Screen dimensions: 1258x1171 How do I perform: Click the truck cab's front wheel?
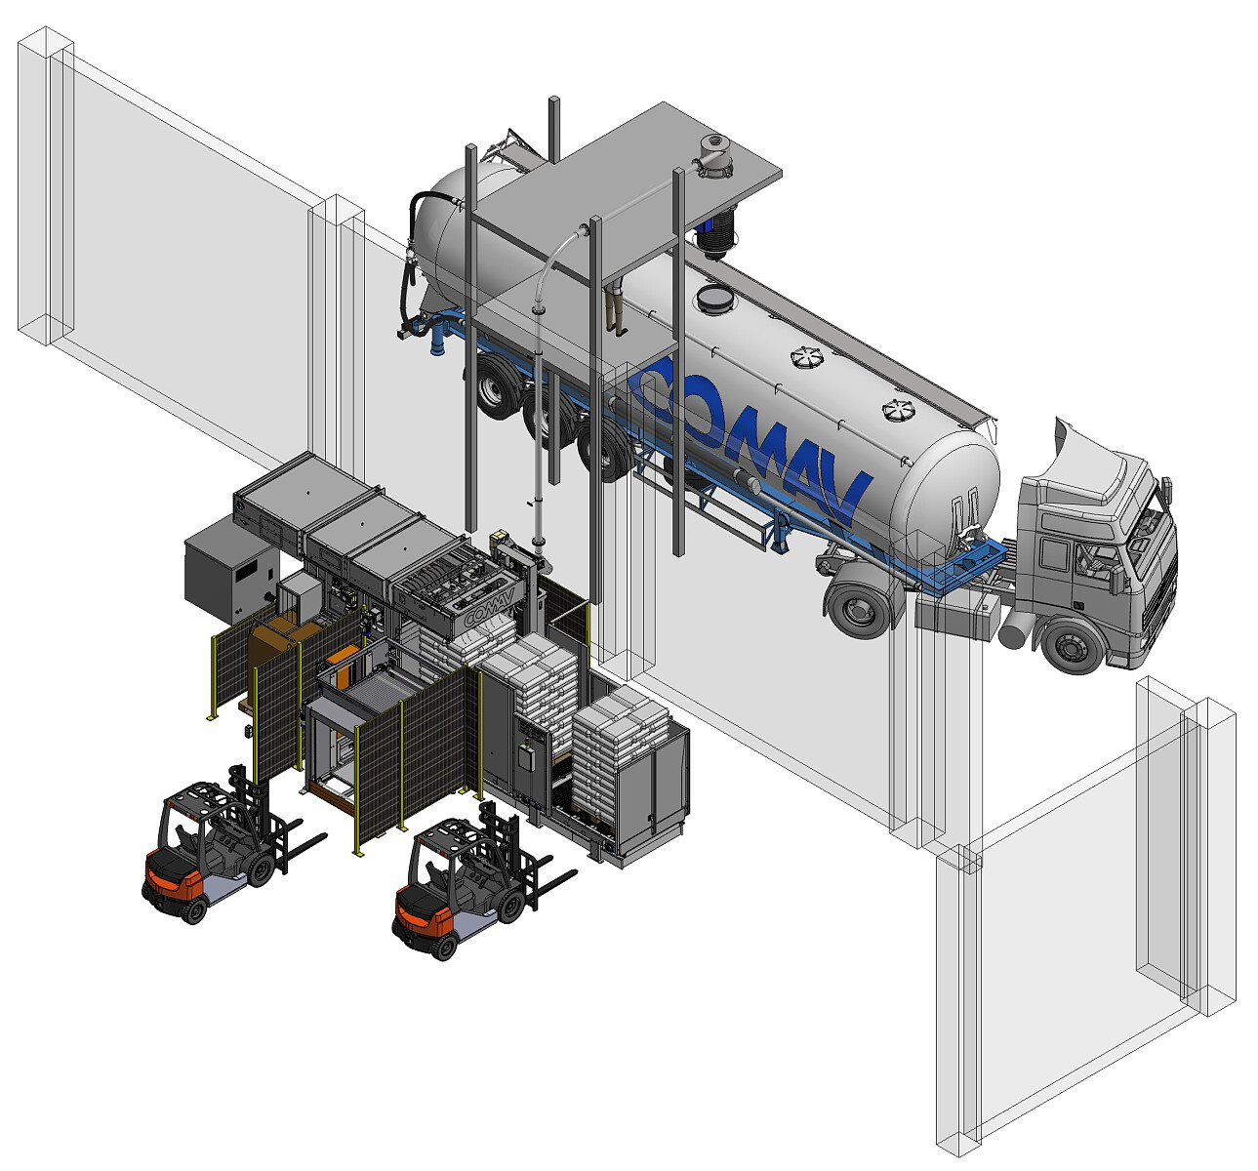(x=1070, y=647)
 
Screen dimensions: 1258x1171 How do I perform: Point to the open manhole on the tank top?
(x=715, y=298)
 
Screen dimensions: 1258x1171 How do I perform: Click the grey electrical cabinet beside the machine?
(x=229, y=571)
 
